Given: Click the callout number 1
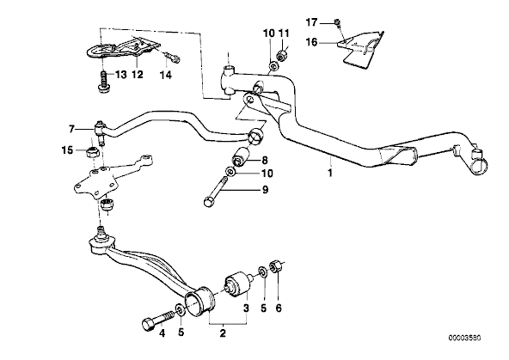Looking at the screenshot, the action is coord(330,173).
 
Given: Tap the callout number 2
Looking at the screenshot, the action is coord(223,333).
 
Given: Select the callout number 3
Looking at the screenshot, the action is coord(247,308).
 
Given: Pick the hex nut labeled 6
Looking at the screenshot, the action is coord(276,266).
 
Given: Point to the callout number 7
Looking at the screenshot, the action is coord(71,130).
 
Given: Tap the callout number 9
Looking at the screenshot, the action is coord(265,189).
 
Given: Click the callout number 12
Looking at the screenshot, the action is coord(138,75).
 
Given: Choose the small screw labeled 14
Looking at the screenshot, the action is coord(172,58).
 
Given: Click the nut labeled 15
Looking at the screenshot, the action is coord(93,152).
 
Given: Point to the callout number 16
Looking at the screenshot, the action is coord(311,42).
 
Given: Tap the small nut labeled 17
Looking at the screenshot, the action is coord(337,22).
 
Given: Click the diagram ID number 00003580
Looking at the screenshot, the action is coord(464,338).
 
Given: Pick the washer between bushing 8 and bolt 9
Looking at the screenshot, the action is coord(230,171).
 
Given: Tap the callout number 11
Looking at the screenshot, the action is coord(284,34).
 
